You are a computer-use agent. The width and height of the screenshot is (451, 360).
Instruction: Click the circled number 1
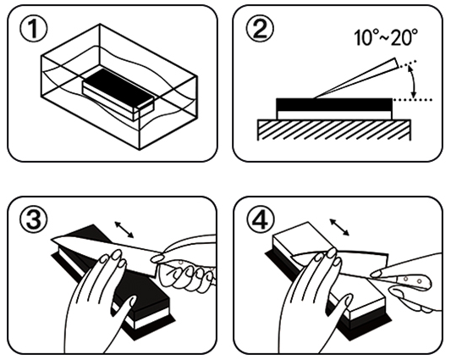pos(34,30)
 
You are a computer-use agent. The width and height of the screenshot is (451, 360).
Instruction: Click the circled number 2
pos(260,30)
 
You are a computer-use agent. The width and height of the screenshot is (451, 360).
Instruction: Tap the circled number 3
pos(34,222)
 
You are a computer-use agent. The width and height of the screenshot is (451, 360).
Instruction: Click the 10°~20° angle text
pos(385,38)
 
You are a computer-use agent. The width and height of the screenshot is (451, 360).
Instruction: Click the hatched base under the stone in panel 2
pos(334,130)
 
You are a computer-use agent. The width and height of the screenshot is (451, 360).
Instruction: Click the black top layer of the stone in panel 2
pos(334,105)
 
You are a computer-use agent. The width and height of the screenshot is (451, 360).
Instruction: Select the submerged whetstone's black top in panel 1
pos(118,86)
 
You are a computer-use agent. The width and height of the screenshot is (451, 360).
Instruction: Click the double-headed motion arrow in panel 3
pos(124,230)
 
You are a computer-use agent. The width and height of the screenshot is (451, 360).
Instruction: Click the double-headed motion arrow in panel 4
pos(339,227)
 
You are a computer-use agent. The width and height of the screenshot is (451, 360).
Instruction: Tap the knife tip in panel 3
pos(52,239)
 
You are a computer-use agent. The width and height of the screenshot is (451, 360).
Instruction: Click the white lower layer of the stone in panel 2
pos(334,115)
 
